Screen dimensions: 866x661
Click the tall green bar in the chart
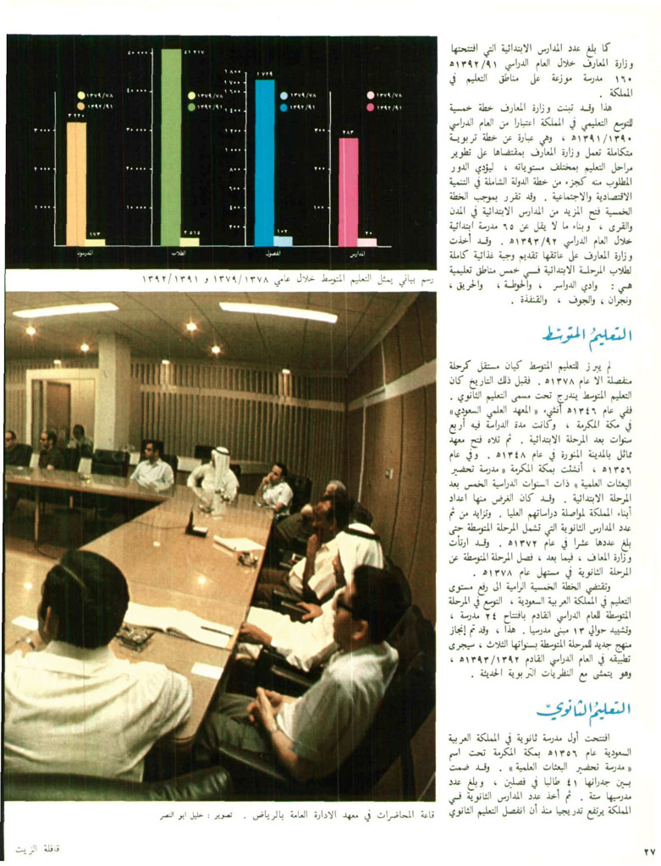click(x=171, y=144)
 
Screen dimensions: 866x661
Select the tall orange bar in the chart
click(x=76, y=182)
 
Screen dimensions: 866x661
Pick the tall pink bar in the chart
click(x=348, y=191)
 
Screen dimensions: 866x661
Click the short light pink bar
click(x=367, y=242)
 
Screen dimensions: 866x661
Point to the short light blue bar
click(x=284, y=241)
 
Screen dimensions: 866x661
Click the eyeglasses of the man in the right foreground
click(x=345, y=606)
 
